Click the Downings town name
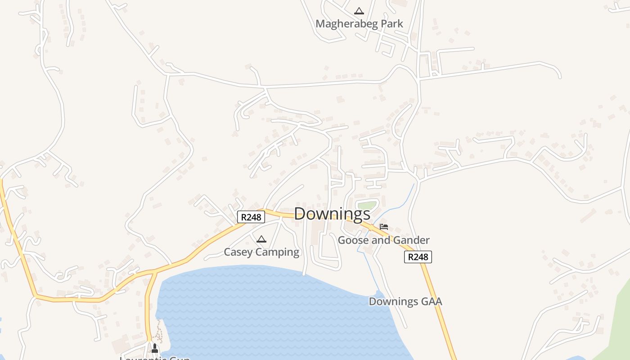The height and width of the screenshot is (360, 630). coord(332,214)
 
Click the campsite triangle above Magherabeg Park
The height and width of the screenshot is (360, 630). coord(359,11)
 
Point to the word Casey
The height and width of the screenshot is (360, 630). coord(238,252)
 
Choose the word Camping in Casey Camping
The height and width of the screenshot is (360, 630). coord(277,252)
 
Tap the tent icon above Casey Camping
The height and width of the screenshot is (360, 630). coord(261,239)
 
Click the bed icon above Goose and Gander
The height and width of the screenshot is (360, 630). coord(383,227)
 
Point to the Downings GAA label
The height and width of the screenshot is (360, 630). coord(405,301)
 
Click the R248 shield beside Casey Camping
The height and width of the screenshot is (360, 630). coord(251,217)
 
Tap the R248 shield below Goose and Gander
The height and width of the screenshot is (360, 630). coord(418,257)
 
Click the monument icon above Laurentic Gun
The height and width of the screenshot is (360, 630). coord(155,348)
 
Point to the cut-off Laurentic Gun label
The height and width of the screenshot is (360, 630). coord(155,358)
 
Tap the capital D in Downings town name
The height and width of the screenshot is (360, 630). coord(300,214)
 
